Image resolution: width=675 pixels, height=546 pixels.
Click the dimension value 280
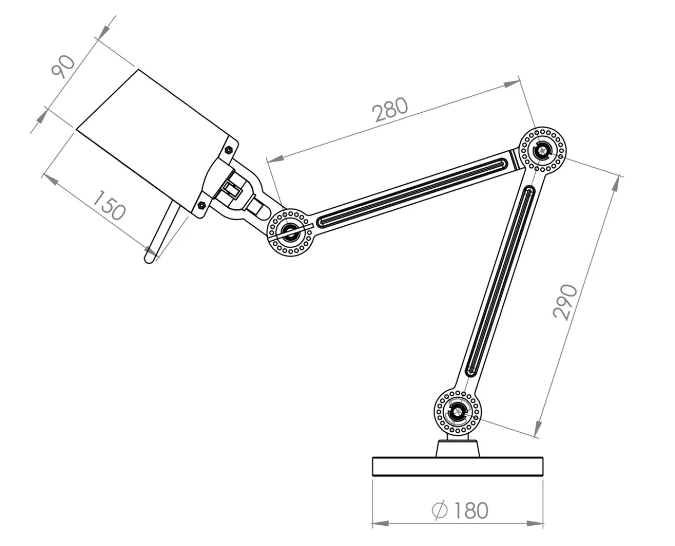(x=390, y=109)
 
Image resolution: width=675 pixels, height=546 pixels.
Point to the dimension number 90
(x=63, y=67)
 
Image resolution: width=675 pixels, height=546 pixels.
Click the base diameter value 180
(x=470, y=510)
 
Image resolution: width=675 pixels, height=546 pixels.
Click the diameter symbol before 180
(x=440, y=510)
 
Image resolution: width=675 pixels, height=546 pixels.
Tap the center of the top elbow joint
(x=542, y=150)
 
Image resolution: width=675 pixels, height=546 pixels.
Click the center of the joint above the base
(x=457, y=411)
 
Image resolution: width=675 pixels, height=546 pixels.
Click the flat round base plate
(x=457, y=466)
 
